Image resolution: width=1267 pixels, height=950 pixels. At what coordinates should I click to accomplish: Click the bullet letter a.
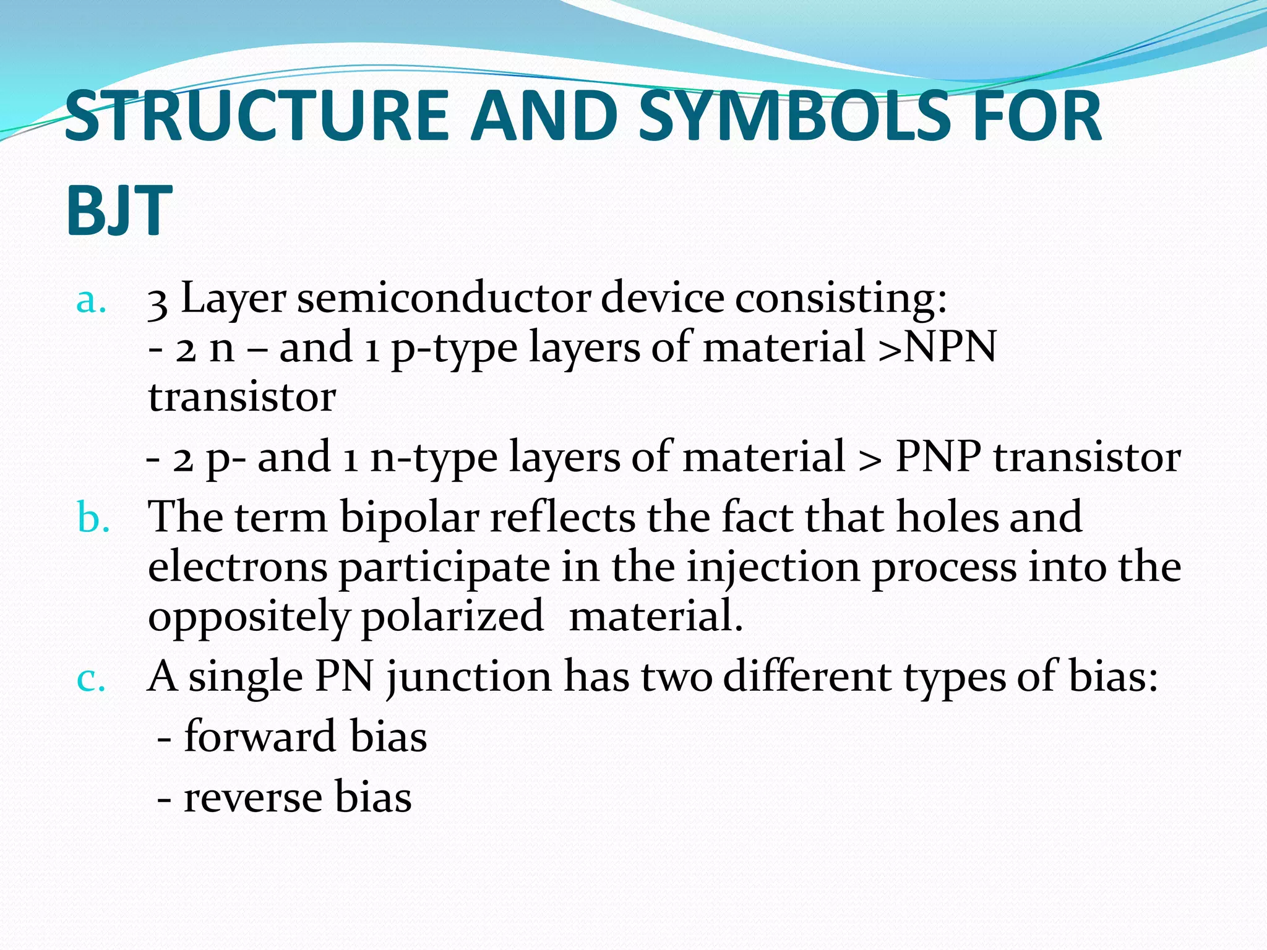click(90, 302)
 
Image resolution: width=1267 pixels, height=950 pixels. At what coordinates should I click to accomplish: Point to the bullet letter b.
click(93, 518)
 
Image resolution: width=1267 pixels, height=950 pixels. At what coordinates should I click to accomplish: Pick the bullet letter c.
click(90, 679)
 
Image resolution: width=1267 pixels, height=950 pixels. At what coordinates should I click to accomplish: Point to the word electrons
click(238, 568)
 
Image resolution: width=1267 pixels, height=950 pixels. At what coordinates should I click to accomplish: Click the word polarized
click(452, 617)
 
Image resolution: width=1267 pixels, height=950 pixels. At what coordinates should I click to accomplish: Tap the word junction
click(469, 678)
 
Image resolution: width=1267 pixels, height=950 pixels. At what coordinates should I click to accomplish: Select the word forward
click(260, 737)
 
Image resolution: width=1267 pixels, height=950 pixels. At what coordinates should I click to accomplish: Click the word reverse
click(254, 797)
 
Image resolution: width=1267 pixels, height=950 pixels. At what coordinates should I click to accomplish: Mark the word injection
click(773, 568)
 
